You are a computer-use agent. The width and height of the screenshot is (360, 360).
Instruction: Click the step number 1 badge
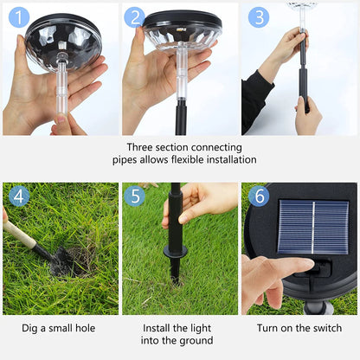click(x=16, y=17)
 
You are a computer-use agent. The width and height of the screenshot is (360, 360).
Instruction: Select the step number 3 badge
click(x=258, y=17)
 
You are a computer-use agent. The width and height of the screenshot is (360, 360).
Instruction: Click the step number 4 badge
click(x=16, y=196)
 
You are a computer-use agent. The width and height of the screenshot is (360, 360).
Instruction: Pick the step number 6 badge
click(x=258, y=196)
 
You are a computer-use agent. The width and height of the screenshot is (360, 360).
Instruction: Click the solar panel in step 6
click(x=312, y=227)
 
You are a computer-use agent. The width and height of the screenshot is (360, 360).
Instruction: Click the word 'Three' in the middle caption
click(x=142, y=147)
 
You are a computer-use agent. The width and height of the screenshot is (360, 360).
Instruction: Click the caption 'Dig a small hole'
click(x=59, y=329)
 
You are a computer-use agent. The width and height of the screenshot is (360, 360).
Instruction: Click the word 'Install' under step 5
click(x=157, y=329)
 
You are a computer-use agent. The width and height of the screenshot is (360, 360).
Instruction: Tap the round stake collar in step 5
click(x=177, y=253)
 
